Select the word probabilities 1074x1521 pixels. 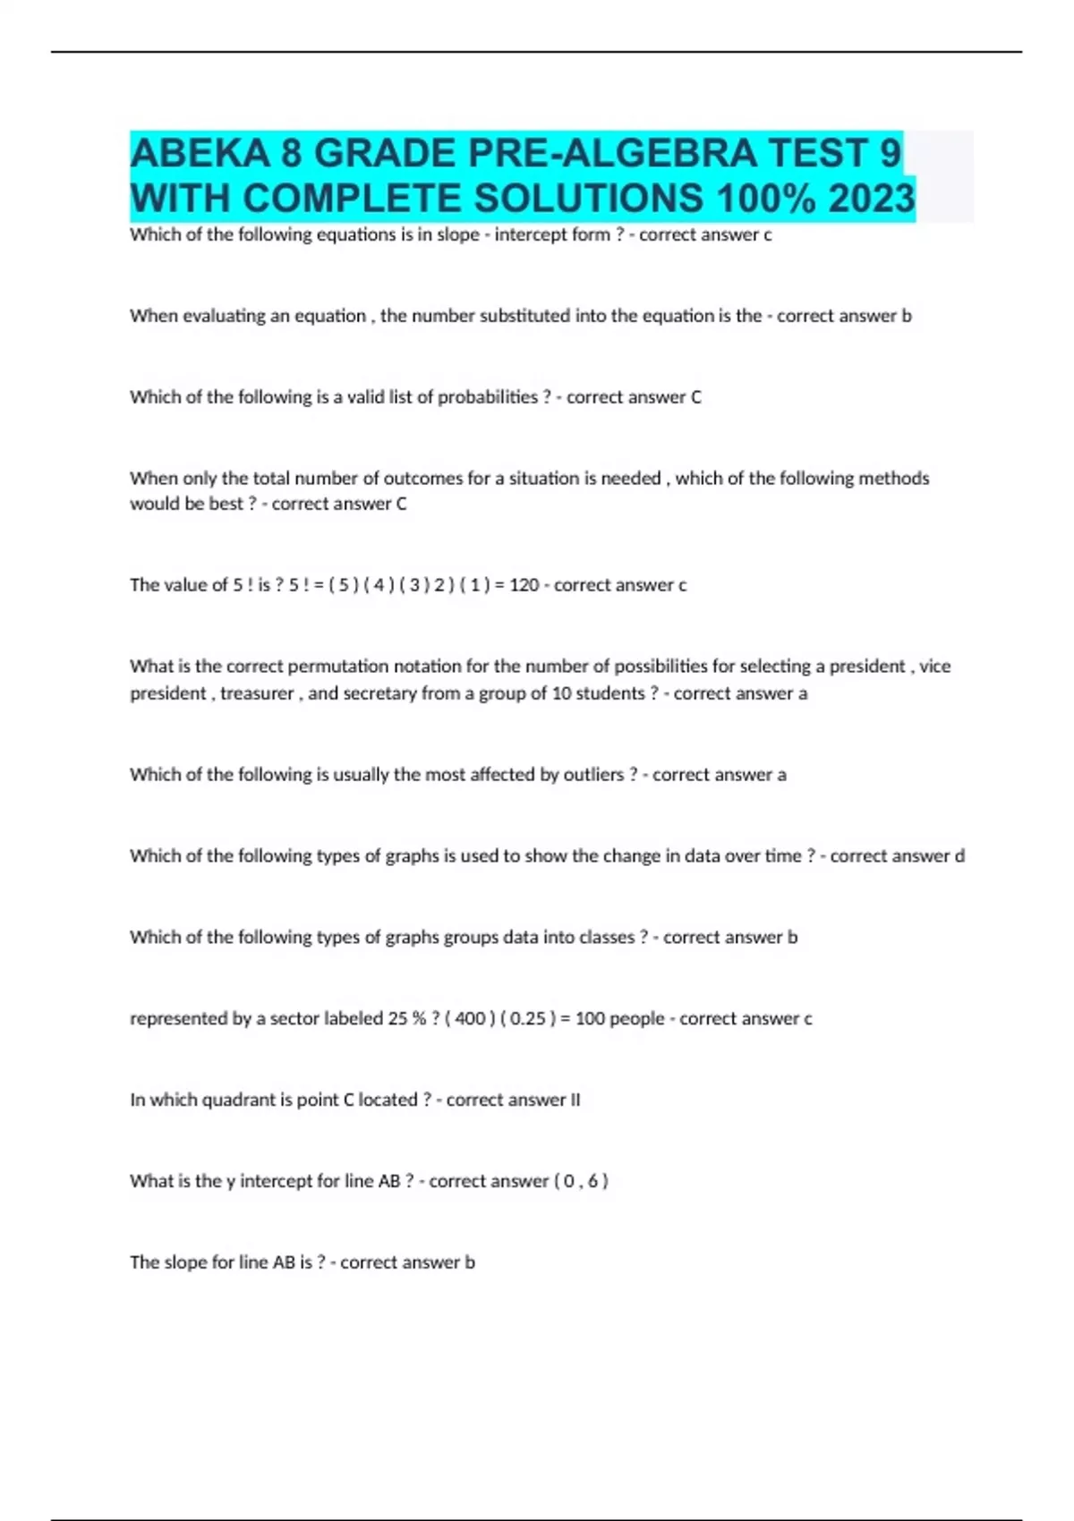488,397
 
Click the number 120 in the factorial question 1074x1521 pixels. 524,585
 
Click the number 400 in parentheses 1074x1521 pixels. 470,1019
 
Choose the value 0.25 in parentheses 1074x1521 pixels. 527,1019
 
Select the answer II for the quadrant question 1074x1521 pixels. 575,1100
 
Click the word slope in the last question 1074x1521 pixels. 188,1262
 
